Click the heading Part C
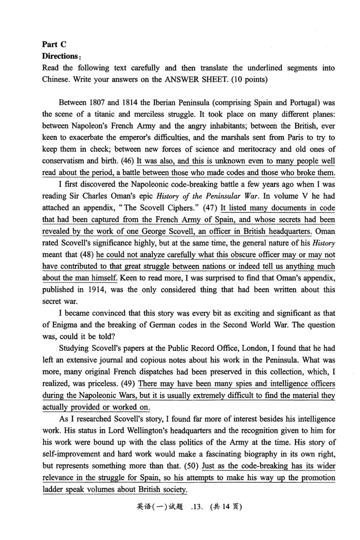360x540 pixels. point(54,44)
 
